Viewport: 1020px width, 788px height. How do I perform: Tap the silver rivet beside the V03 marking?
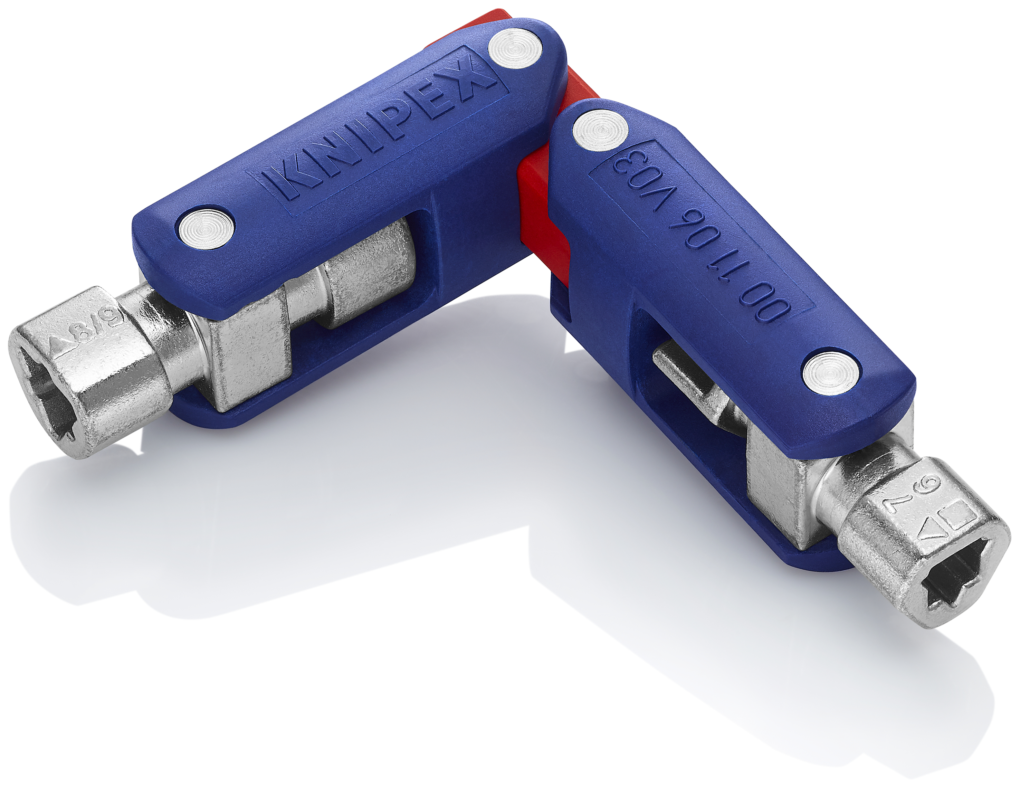600,130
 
